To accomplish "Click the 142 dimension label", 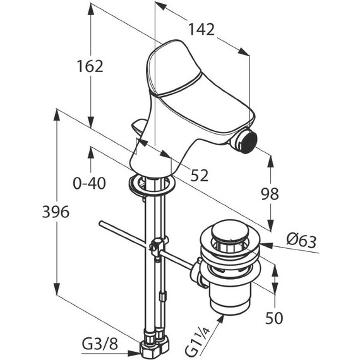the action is click(x=201, y=30).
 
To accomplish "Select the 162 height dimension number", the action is click(x=90, y=66).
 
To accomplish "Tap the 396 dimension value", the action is click(x=56, y=212).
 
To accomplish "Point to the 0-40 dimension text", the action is click(x=89, y=183).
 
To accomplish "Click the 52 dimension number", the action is click(x=200, y=176).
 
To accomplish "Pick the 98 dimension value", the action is click(x=270, y=193).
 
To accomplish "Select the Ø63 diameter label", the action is click(x=301, y=241).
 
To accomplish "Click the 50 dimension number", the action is click(x=274, y=318).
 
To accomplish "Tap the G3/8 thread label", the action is click(x=100, y=344).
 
